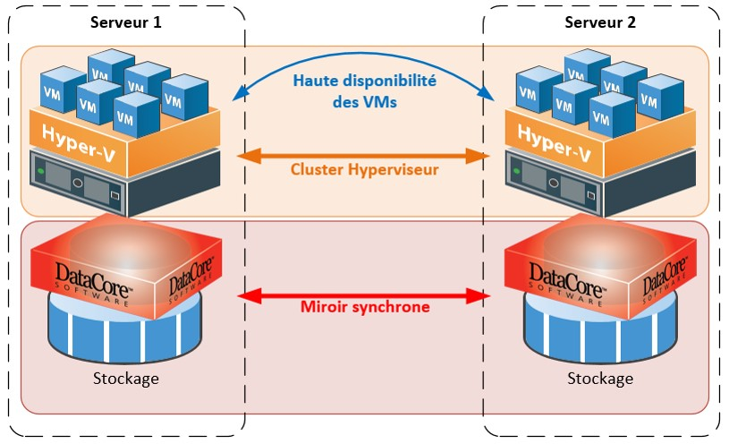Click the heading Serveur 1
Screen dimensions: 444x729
(125, 22)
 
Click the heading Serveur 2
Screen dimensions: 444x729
(600, 22)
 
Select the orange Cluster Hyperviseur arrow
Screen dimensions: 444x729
(364, 155)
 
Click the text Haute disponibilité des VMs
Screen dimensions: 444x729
(364, 90)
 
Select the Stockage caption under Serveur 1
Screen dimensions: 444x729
(126, 378)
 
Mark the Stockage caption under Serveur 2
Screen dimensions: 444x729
(600, 378)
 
